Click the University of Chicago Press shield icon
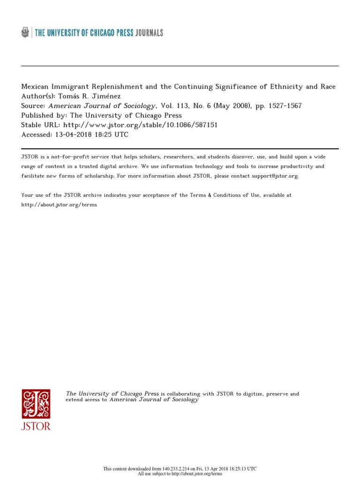[25, 32]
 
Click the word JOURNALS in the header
[149, 33]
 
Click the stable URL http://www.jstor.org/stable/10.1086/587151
[140, 125]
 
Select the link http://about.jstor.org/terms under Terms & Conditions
[59, 205]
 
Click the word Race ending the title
[327, 87]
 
